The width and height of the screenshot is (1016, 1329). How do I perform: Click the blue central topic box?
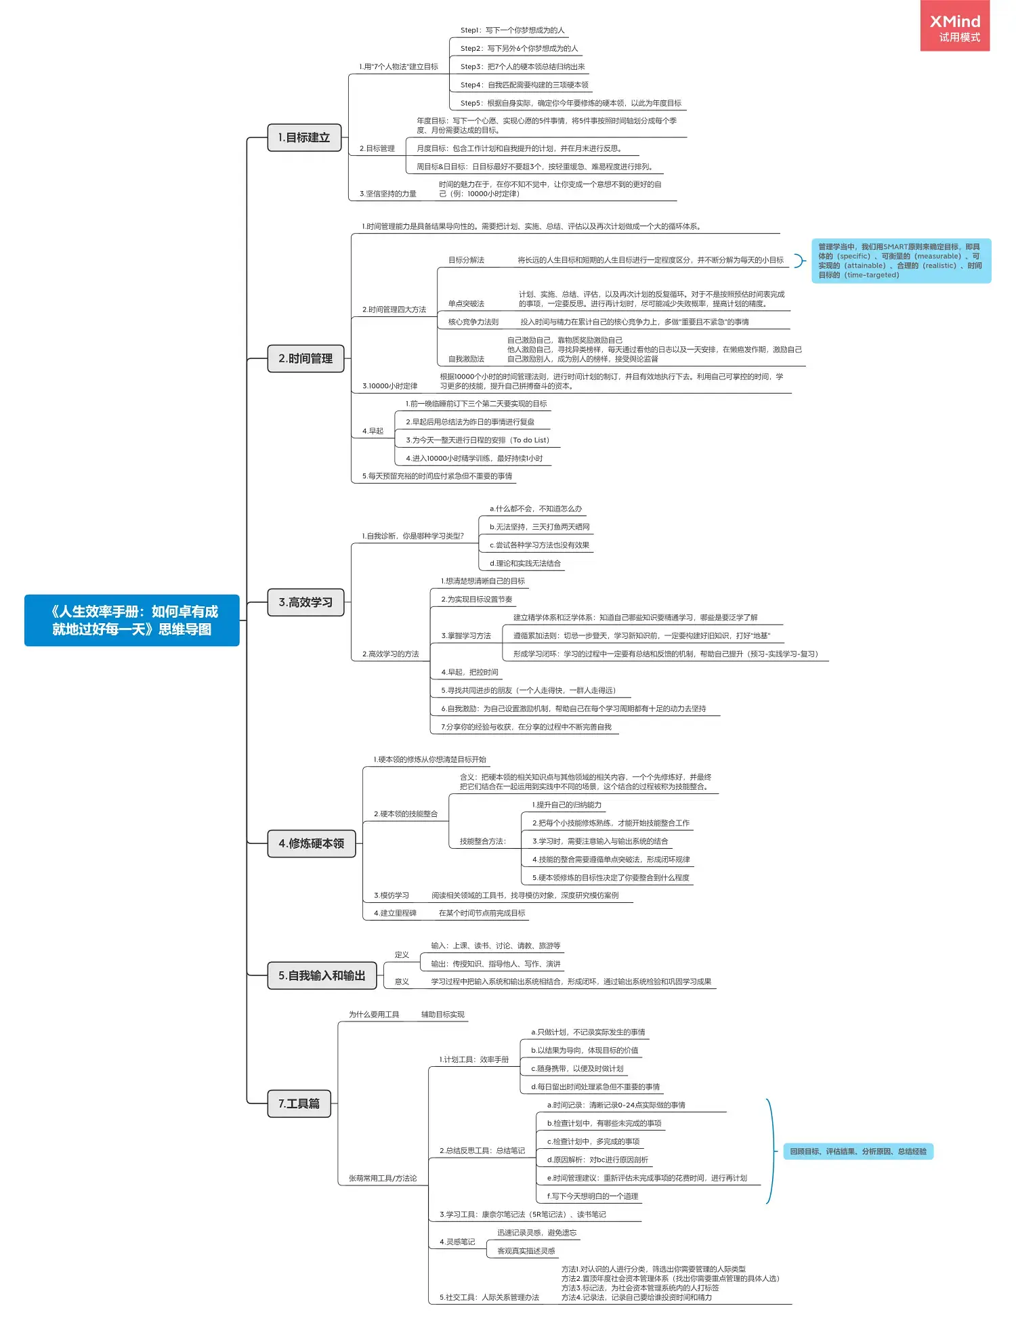pos(132,620)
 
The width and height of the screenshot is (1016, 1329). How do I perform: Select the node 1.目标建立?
pos(303,138)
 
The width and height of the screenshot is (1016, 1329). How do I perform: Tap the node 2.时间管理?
pos(305,358)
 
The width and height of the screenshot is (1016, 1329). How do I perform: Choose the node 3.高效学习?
pos(305,602)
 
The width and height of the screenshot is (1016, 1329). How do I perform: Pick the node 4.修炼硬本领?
pos(311,843)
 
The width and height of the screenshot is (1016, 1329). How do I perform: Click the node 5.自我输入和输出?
pos(322,975)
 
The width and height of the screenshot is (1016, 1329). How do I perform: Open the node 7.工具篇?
pos(299,1103)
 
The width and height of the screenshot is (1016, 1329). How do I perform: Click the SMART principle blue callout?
pos(900,261)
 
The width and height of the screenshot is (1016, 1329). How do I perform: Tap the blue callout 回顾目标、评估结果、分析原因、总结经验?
pos(858,1152)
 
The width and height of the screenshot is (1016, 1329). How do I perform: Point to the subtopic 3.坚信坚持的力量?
pos(388,194)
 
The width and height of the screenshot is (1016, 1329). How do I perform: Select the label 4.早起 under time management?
pos(373,431)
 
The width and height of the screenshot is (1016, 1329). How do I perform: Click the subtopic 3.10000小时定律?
pos(390,386)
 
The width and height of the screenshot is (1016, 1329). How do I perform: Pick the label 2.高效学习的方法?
pos(391,654)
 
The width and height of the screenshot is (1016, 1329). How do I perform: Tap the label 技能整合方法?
pos(483,841)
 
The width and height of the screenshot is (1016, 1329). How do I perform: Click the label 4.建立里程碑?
pos(395,913)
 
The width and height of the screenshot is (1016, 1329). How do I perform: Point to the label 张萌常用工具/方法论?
pos(383,1178)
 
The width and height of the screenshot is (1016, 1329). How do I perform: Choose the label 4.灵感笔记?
pos(457,1242)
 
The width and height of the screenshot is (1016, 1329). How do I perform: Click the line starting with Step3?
pos(522,66)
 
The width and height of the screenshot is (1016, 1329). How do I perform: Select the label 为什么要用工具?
pos(374,1014)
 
